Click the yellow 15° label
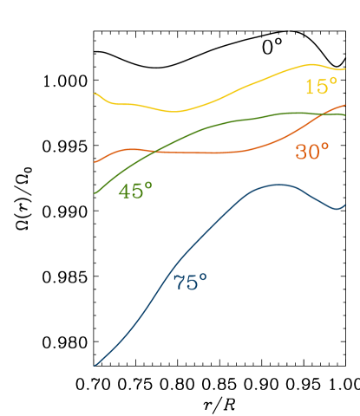320,87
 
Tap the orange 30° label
312,152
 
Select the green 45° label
135,192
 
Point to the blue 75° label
190,283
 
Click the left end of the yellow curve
95,93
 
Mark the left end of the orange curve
95,161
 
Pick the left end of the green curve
95,192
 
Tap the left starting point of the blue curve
95,365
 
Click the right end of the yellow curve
345,68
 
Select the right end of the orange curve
345,105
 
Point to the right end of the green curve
345,114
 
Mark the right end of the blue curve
345,205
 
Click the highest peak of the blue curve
278,184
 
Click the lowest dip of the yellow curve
174,111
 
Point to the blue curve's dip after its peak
336,209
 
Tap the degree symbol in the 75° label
204,276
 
